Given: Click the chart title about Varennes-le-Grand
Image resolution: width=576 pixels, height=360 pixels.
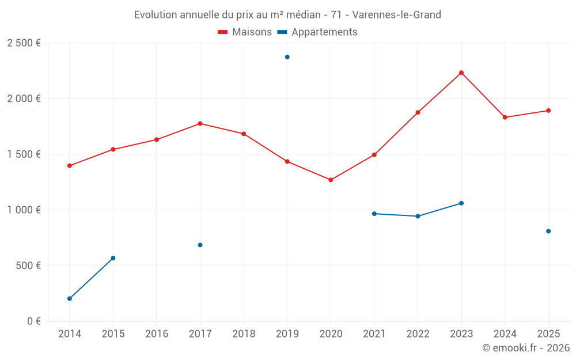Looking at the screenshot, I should [287, 14].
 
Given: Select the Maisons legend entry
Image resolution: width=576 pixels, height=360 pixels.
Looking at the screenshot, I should [245, 32].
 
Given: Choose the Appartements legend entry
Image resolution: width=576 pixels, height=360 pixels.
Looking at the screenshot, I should [317, 32].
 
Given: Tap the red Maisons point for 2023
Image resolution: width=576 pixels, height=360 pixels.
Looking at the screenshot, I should [461, 73].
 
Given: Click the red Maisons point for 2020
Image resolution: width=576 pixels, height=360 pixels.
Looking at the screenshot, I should [331, 180].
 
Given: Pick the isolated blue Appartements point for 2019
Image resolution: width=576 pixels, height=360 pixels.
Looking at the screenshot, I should [287, 57].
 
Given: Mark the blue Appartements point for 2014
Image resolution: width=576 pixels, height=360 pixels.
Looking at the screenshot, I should [70, 298].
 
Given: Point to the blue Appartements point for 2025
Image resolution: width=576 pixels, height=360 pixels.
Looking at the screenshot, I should [548, 231].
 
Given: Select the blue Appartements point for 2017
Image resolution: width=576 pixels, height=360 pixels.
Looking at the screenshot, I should [200, 245].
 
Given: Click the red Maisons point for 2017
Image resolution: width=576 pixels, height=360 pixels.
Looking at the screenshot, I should [200, 123].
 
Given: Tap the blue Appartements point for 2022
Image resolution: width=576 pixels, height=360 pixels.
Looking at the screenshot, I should [418, 216].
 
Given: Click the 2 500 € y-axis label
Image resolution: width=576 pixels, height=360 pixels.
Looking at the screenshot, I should [24, 43].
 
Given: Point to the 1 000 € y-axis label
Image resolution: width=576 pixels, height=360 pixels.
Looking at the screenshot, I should [24, 210].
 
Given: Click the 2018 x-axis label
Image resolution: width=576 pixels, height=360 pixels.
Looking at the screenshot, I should [244, 334].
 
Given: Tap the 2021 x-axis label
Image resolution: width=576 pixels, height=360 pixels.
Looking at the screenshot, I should [374, 334].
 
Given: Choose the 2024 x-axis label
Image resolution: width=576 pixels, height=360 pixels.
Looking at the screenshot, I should [505, 334].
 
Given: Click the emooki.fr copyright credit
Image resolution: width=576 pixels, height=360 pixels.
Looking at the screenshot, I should [525, 348].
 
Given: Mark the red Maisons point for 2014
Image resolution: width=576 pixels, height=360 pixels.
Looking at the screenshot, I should [70, 165].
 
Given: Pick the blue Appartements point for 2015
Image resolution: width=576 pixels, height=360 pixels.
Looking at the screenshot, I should [113, 257].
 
